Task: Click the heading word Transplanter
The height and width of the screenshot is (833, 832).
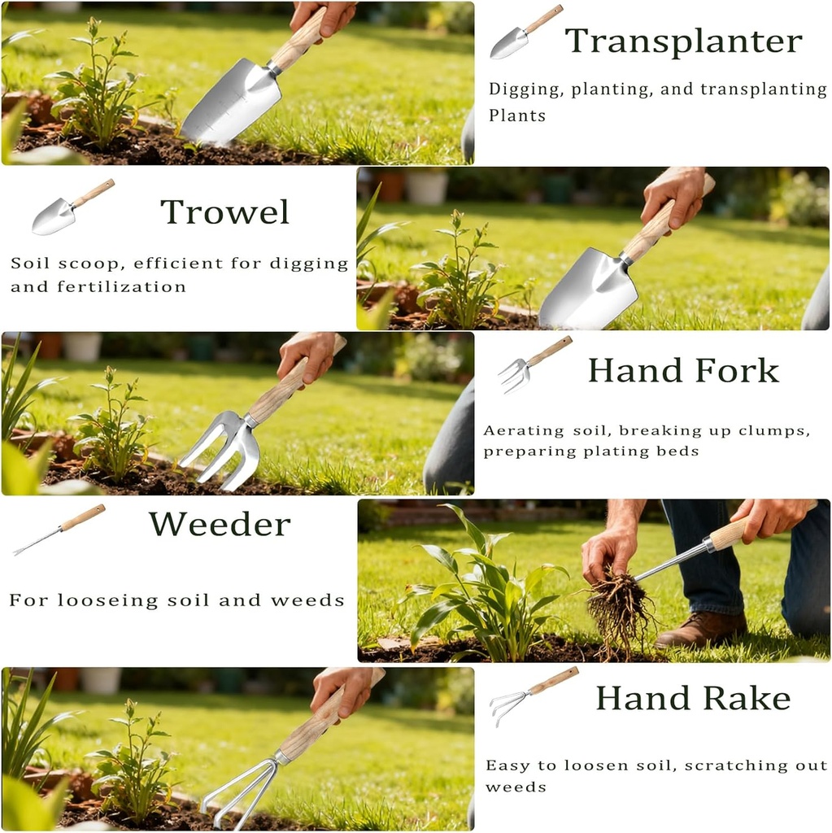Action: coord(683,41)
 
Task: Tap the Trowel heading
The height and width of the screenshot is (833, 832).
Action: coord(225,212)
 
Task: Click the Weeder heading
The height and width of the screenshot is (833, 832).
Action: coord(220,525)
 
